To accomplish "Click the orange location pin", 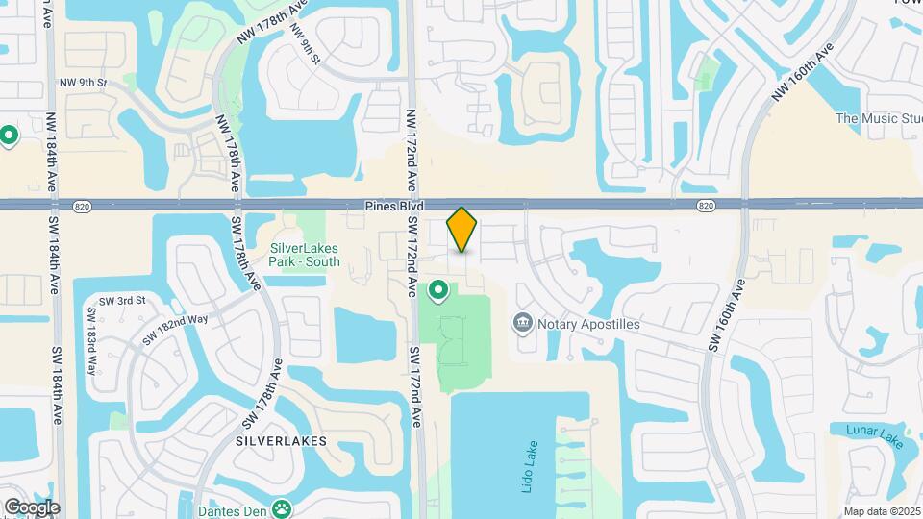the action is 461,230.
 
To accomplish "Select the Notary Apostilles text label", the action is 589,324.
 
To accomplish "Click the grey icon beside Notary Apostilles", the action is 524,322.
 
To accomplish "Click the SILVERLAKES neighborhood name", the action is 282,441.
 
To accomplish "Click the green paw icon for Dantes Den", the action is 283,507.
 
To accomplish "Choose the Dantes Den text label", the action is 233,509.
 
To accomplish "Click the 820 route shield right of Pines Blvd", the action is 707,206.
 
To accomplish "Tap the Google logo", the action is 32,507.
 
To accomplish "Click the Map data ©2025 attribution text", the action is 882,511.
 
